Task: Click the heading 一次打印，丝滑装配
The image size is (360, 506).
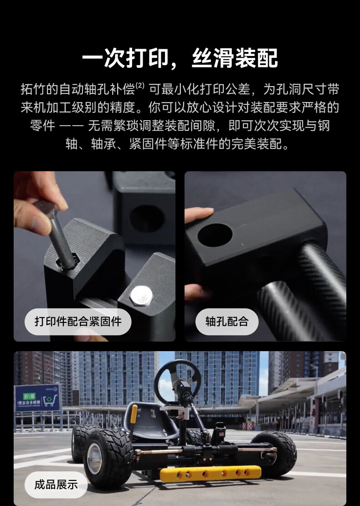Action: click(x=180, y=58)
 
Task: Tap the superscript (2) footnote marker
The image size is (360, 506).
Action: click(x=140, y=86)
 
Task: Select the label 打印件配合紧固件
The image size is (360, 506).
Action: click(x=78, y=322)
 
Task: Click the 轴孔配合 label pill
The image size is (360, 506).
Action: click(x=227, y=322)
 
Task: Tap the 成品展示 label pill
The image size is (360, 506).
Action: click(x=56, y=485)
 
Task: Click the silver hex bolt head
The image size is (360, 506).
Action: click(x=141, y=295)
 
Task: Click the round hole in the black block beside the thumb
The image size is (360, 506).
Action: click(x=215, y=235)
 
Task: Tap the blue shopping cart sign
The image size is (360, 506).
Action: click(x=38, y=398)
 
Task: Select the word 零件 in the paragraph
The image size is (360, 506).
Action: click(x=42, y=126)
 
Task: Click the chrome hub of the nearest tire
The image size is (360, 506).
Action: click(x=95, y=458)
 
